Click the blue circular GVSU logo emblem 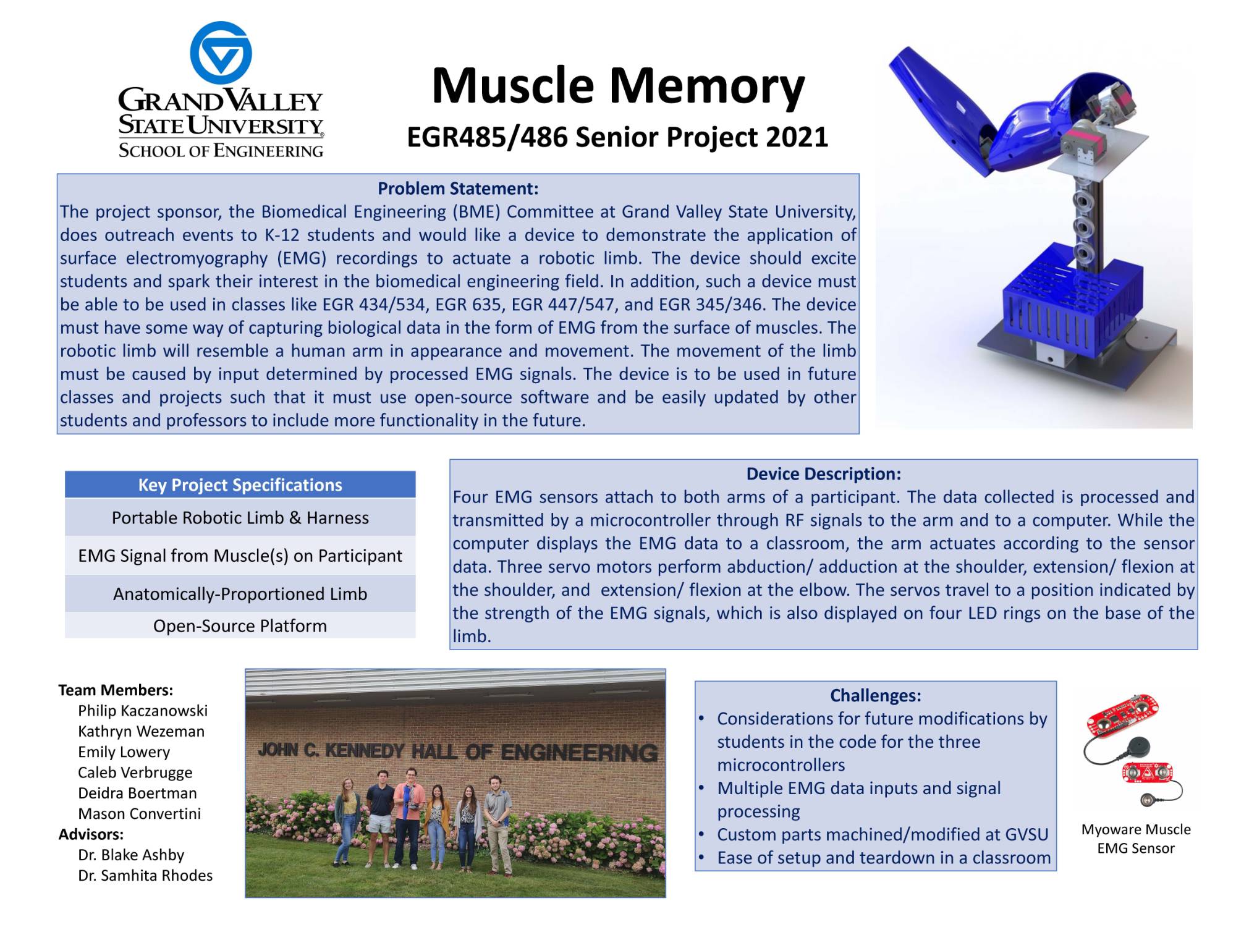pyautogui.click(x=221, y=53)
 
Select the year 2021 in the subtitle pyautogui.click(x=797, y=137)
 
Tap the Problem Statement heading pyautogui.click(x=458, y=188)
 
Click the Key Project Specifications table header pyautogui.click(x=240, y=485)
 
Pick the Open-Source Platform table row pyautogui.click(x=240, y=626)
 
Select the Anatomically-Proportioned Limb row pyautogui.click(x=240, y=594)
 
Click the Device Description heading pyautogui.click(x=823, y=474)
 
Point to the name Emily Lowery pyautogui.click(x=124, y=752)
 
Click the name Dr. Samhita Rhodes pyautogui.click(x=145, y=876)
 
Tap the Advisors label pyautogui.click(x=91, y=834)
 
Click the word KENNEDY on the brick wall pyautogui.click(x=364, y=751)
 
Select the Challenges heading pyautogui.click(x=875, y=695)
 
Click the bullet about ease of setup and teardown pyautogui.click(x=883, y=858)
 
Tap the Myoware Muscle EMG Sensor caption pyautogui.click(x=1135, y=839)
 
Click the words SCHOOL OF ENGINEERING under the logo pyautogui.click(x=221, y=150)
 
